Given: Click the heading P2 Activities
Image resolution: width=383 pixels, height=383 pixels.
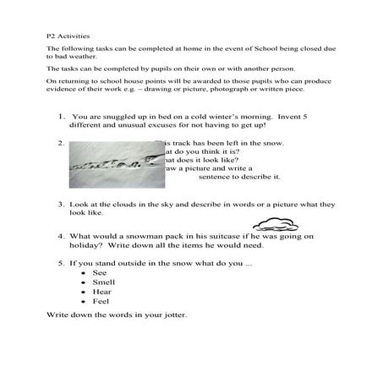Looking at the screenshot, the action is pos(64,37).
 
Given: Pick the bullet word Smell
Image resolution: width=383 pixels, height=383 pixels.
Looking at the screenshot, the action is pos(101,283).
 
